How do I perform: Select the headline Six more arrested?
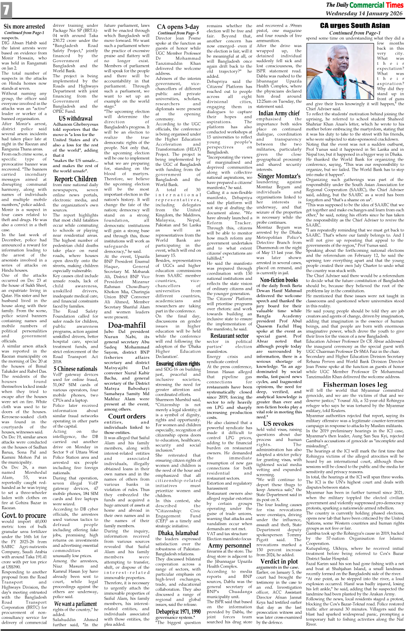click(x=24, y=27)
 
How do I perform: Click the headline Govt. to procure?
click(x=24, y=515)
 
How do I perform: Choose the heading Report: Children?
click(x=75, y=179)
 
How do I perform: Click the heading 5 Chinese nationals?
click(x=75, y=369)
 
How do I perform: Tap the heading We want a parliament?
click(x=75, y=604)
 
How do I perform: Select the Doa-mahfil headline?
click(x=127, y=325)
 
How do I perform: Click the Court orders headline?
click(x=127, y=416)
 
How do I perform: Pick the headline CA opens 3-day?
click(x=178, y=27)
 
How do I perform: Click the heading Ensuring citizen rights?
click(x=178, y=364)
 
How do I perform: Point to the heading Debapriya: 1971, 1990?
click(x=178, y=612)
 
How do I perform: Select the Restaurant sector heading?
click(x=230, y=335)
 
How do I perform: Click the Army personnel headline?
click(x=230, y=545)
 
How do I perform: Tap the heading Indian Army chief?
click(x=279, y=113)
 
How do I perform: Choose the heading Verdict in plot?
click(x=279, y=561)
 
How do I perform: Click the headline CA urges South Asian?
click(x=355, y=26)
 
